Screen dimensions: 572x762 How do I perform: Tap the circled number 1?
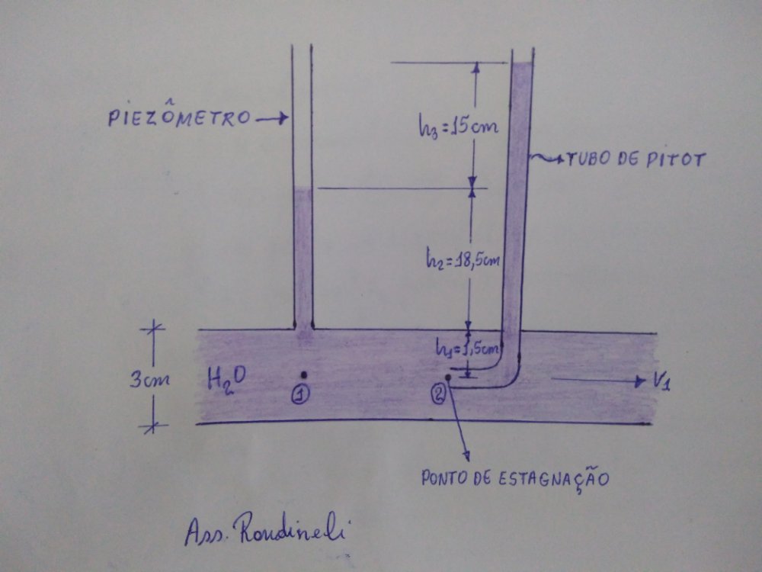(303, 394)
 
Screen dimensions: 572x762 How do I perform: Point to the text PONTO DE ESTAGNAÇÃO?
(516, 479)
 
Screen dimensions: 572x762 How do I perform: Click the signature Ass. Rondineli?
(264, 531)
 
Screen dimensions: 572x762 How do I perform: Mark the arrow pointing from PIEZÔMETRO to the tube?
(271, 118)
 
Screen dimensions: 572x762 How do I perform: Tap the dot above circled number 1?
(303, 374)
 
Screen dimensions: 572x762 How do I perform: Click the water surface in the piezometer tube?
(303, 188)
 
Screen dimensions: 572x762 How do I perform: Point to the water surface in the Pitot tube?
(521, 64)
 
